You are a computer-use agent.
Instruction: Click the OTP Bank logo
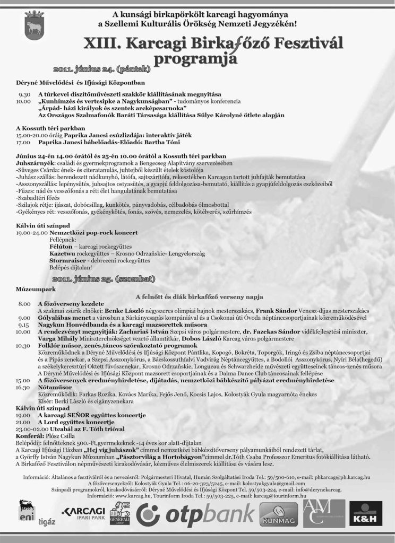click(x=194, y=515)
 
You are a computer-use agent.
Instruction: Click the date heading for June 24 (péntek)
click(x=102, y=69)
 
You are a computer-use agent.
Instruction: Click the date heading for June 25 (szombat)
click(x=105, y=278)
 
